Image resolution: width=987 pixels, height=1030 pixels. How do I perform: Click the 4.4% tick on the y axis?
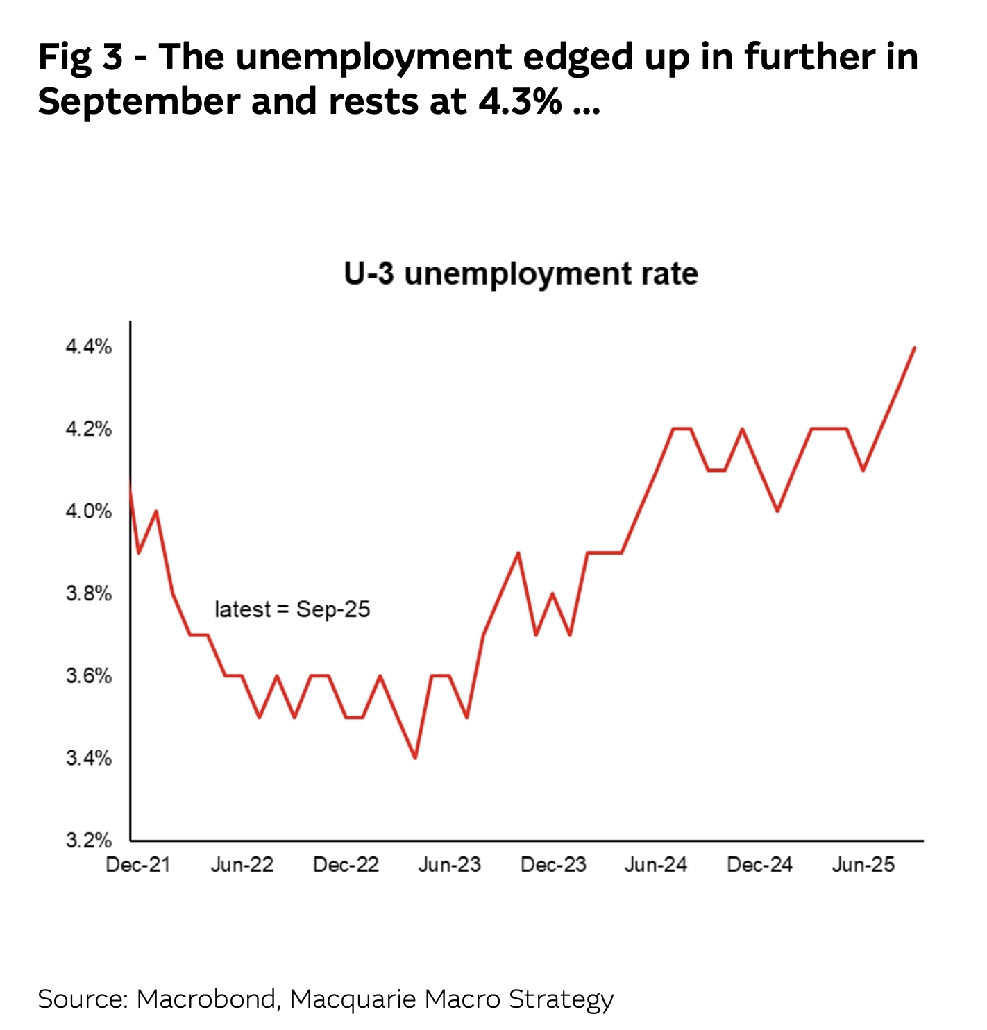click(x=89, y=347)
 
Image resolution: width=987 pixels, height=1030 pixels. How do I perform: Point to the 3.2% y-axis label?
click(x=89, y=841)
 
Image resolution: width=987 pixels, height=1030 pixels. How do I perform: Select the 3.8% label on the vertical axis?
click(x=89, y=594)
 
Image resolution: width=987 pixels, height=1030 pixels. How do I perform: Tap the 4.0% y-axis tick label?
click(x=89, y=512)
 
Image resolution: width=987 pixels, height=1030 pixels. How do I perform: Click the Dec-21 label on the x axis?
click(x=137, y=865)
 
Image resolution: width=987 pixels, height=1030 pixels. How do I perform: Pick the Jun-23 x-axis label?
click(x=449, y=865)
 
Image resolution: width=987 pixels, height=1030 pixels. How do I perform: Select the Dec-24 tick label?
click(x=759, y=865)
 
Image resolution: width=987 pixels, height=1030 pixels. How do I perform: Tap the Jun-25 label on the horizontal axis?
click(x=863, y=865)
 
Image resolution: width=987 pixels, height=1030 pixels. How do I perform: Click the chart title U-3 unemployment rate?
click(x=521, y=273)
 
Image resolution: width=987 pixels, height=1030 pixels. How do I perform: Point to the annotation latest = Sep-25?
click(x=292, y=609)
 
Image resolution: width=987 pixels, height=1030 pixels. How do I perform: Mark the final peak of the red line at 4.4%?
click(x=914, y=347)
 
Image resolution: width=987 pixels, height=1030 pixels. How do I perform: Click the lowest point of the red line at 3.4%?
click(x=415, y=757)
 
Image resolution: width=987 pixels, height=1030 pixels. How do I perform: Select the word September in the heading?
click(x=137, y=101)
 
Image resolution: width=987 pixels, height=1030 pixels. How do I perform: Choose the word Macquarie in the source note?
click(x=353, y=999)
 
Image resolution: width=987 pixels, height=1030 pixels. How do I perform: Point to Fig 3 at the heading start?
click(x=81, y=57)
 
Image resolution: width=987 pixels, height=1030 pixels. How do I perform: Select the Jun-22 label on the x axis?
click(x=242, y=865)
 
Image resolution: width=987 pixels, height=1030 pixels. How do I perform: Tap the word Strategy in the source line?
click(x=561, y=999)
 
